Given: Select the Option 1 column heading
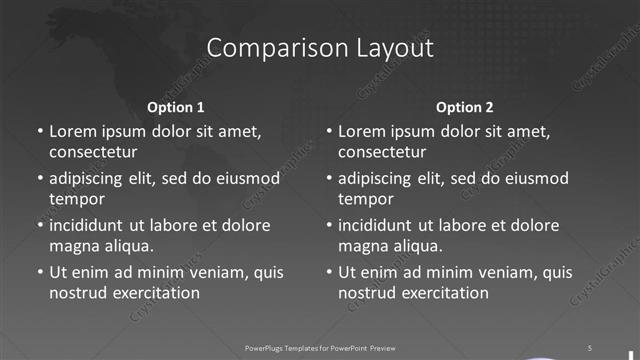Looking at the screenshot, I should click(176, 107).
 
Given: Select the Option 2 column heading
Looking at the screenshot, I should click(465, 107).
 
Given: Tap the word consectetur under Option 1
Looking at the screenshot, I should click(93, 153).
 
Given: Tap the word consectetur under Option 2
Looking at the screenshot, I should click(383, 153).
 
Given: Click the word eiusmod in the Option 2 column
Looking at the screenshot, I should click(535, 178).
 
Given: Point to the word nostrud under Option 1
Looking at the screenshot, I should click(77, 293).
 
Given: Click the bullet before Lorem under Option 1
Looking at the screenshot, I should click(40, 132).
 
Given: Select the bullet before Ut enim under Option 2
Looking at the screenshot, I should click(330, 272).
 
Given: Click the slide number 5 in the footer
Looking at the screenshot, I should click(589, 347).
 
